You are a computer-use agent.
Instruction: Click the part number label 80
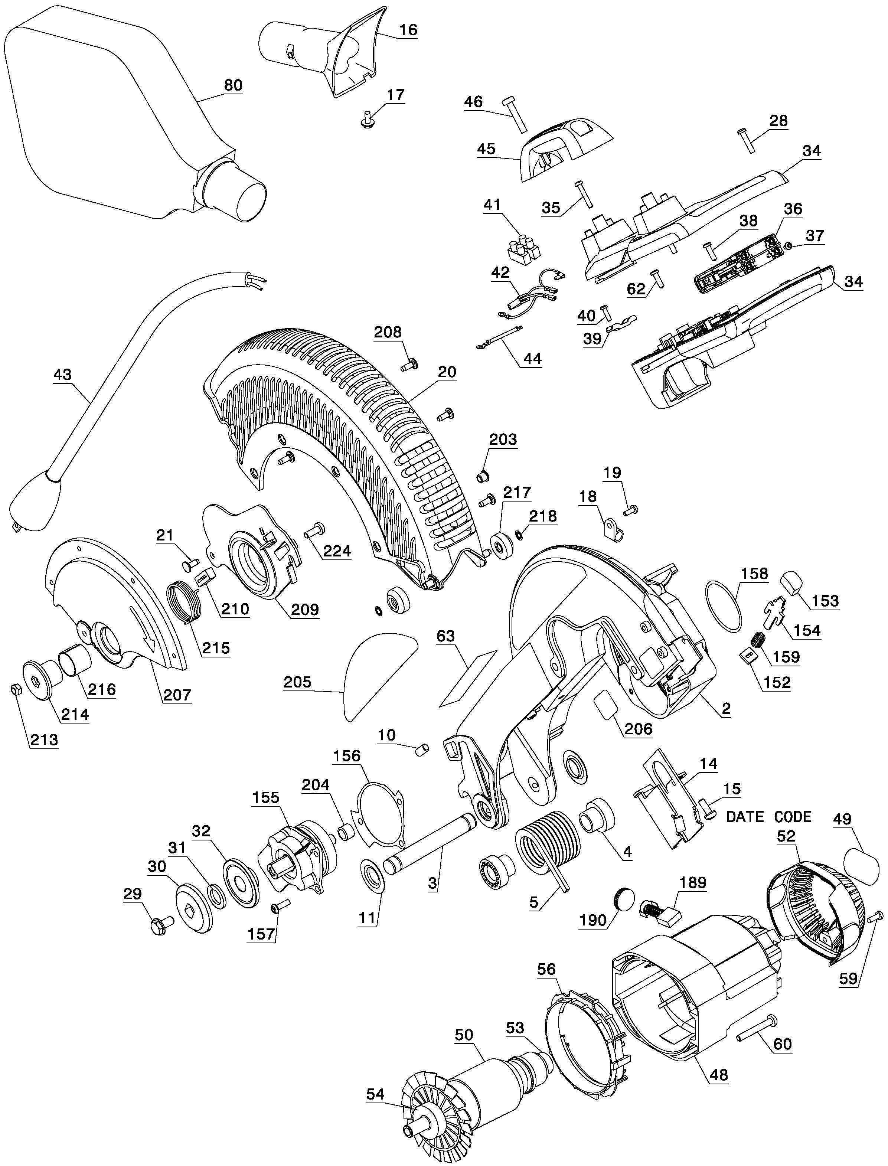[x=233, y=85]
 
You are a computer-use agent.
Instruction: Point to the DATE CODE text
[x=768, y=817]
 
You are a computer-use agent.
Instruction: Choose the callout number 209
[x=305, y=610]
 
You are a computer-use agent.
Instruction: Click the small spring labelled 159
[x=760, y=641]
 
